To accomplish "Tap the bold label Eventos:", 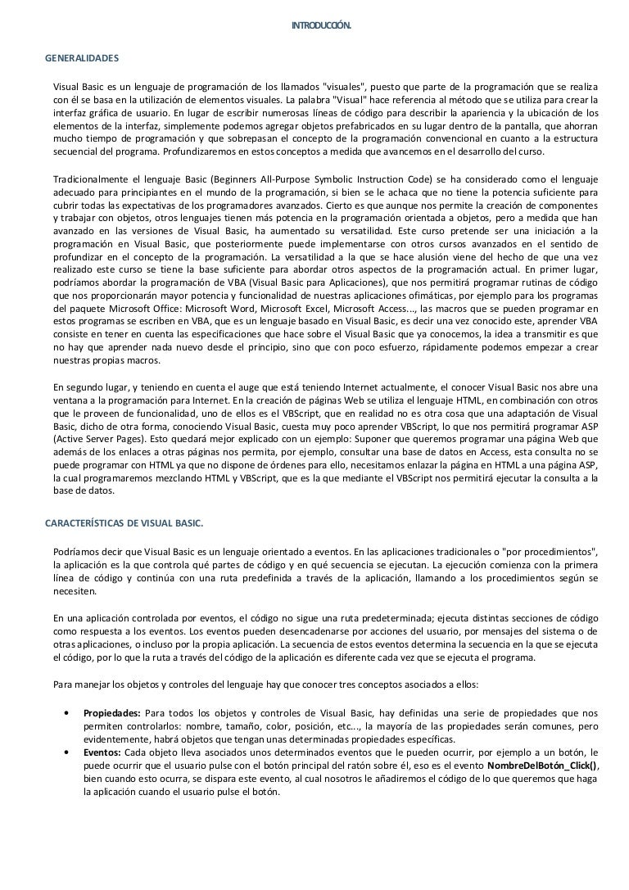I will click(x=102, y=752).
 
